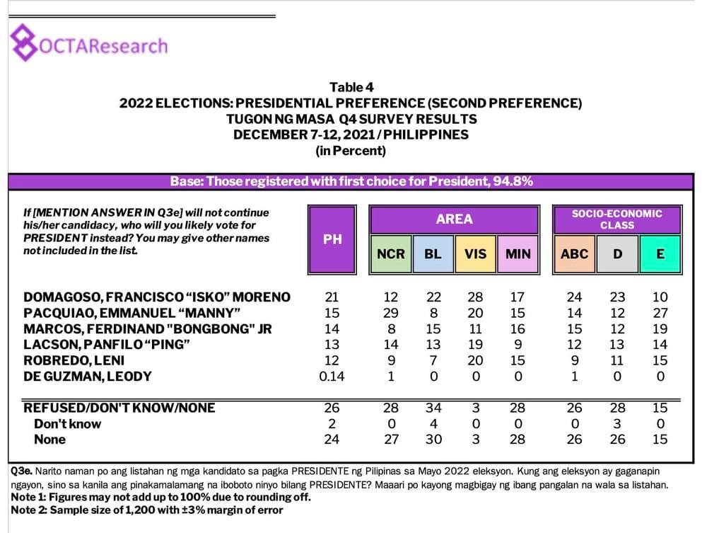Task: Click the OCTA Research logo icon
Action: pyautogui.click(x=25, y=45)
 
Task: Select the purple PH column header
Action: pyautogui.click(x=332, y=239)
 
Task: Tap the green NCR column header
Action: pyautogui.click(x=391, y=253)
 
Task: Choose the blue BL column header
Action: pyautogui.click(x=433, y=253)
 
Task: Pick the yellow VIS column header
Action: pyautogui.click(x=476, y=253)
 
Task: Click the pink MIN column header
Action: pyautogui.click(x=518, y=253)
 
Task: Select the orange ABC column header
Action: pyautogui.click(x=574, y=253)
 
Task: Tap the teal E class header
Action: pyautogui.click(x=660, y=253)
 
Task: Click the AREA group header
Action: pyautogui.click(x=454, y=219)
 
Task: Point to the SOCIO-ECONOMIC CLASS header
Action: pyautogui.click(x=617, y=219)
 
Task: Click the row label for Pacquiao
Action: pyautogui.click(x=133, y=313)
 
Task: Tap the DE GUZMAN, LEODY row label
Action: pyautogui.click(x=88, y=376)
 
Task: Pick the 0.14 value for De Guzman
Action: pyautogui.click(x=332, y=376)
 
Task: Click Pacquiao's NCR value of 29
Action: pyautogui.click(x=391, y=313)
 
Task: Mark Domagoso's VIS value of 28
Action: pyautogui.click(x=476, y=297)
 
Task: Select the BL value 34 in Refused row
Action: pyautogui.click(x=433, y=408)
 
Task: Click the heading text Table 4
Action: pyautogui.click(x=351, y=88)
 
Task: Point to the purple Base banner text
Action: pyautogui.click(x=351, y=181)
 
